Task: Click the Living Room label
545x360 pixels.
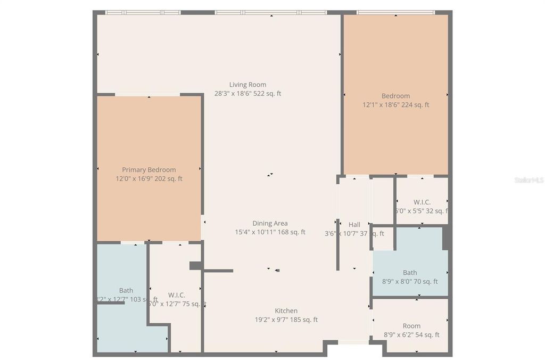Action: click(x=247, y=85)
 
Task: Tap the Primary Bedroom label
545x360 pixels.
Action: click(x=148, y=170)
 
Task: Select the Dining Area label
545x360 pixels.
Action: click(x=270, y=224)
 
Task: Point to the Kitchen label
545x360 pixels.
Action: click(x=286, y=311)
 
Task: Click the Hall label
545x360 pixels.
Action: click(x=354, y=225)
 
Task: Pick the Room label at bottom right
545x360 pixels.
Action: click(x=411, y=326)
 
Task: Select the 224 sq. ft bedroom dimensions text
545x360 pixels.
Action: click(x=395, y=105)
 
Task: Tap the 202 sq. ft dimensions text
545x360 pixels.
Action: click(x=148, y=179)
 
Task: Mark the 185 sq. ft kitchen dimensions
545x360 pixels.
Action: click(x=286, y=320)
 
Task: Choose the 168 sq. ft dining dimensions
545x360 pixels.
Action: click(x=270, y=232)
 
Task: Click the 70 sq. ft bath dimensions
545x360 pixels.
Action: click(x=410, y=282)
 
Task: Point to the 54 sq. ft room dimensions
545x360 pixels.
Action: click(x=411, y=335)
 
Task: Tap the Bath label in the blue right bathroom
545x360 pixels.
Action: click(x=410, y=273)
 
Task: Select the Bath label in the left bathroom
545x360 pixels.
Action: click(x=126, y=291)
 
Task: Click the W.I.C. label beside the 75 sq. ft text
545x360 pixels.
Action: click(x=177, y=295)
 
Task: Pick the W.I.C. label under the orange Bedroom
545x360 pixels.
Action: click(x=422, y=202)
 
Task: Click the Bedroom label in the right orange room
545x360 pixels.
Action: click(x=395, y=96)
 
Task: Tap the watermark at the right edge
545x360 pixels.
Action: click(x=530, y=181)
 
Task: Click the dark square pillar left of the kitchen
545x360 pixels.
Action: click(x=195, y=265)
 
